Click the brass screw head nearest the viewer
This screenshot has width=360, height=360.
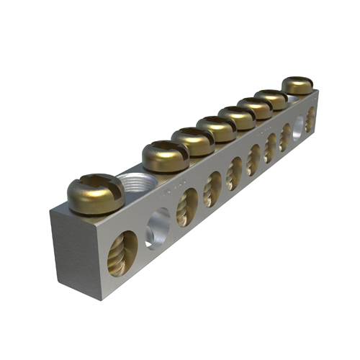click(x=95, y=192)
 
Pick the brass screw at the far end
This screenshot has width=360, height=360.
click(x=297, y=85)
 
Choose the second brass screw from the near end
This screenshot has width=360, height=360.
click(x=165, y=155)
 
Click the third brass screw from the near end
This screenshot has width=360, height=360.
click(x=192, y=140)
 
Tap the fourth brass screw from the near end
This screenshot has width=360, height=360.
click(x=216, y=128)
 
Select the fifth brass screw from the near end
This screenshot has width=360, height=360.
click(x=237, y=117)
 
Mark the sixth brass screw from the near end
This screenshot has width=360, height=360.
click(x=255, y=108)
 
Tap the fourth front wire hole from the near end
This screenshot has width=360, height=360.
click(x=212, y=189)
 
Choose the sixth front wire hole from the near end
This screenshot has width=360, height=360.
click(x=253, y=160)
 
